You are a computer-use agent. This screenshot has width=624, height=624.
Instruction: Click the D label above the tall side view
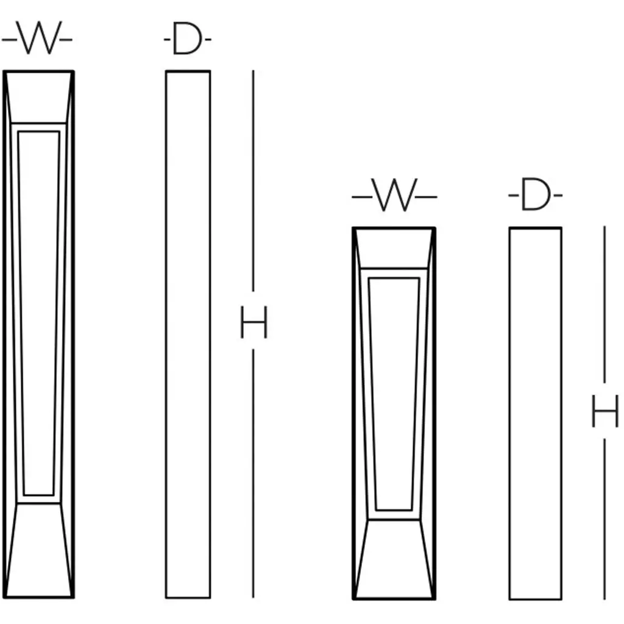coord(188,38)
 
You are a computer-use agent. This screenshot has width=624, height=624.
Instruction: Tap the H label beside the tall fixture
coord(254,322)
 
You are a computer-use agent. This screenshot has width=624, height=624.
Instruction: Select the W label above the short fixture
coord(394,195)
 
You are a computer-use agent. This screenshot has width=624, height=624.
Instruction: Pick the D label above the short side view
coord(535,194)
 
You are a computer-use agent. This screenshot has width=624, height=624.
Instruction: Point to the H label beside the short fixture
coord(605,411)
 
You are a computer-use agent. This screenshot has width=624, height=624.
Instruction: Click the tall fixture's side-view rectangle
coord(188,335)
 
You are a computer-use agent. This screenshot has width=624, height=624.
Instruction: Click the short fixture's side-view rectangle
coord(535,414)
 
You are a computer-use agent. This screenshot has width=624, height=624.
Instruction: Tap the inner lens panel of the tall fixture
coord(38,313)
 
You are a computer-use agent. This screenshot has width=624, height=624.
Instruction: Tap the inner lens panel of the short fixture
coord(394,394)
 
